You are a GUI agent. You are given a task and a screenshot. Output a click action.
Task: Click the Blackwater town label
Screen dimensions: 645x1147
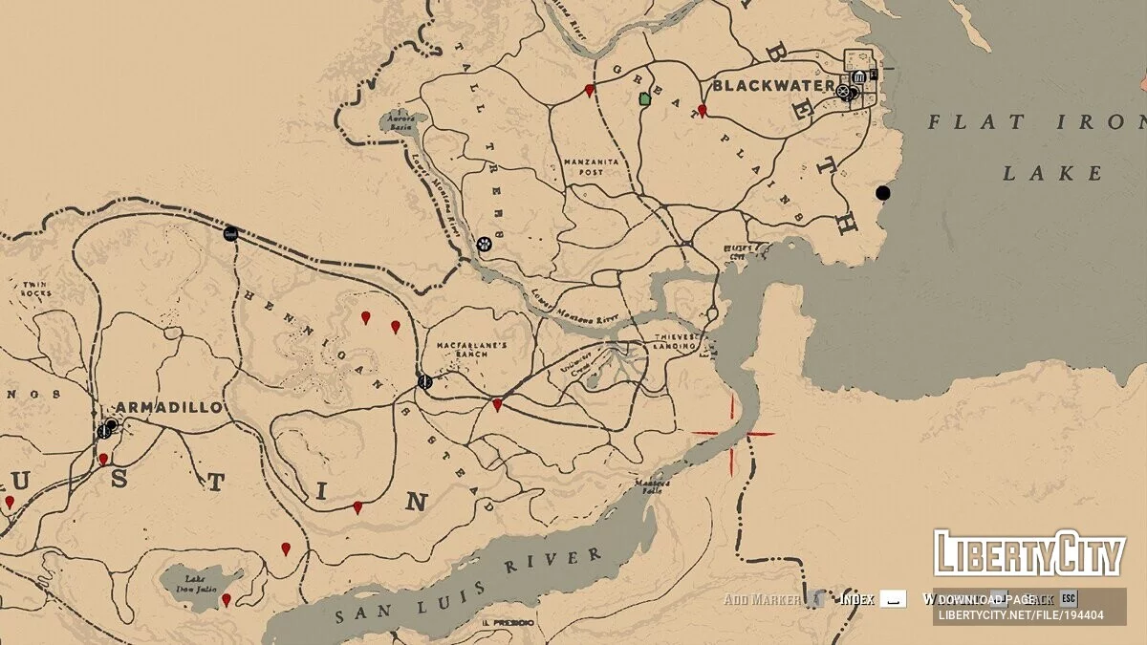764,85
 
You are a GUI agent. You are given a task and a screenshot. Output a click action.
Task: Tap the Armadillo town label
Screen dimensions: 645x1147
171,407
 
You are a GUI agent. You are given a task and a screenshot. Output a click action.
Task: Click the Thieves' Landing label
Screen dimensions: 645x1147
680,342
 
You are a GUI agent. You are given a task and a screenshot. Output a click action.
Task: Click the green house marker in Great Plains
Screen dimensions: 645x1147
644,98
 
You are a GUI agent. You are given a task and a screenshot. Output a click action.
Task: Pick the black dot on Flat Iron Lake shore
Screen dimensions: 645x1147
882,193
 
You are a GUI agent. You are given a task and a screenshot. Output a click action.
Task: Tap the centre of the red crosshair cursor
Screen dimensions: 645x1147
733,434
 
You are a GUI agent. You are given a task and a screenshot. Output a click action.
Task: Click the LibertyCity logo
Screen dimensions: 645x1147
1028,553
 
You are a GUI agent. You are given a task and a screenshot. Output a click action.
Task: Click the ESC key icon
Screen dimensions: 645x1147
1069,599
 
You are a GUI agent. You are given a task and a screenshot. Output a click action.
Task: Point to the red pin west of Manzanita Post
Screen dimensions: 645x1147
589,91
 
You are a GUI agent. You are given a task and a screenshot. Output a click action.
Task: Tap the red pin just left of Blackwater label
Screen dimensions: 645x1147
702,111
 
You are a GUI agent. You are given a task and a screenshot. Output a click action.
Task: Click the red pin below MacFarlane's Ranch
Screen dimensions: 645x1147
497,405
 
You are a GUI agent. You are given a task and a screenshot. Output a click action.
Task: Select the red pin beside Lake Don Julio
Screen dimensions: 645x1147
227,600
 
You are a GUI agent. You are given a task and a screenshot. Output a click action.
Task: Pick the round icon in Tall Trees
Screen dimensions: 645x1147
485,244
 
